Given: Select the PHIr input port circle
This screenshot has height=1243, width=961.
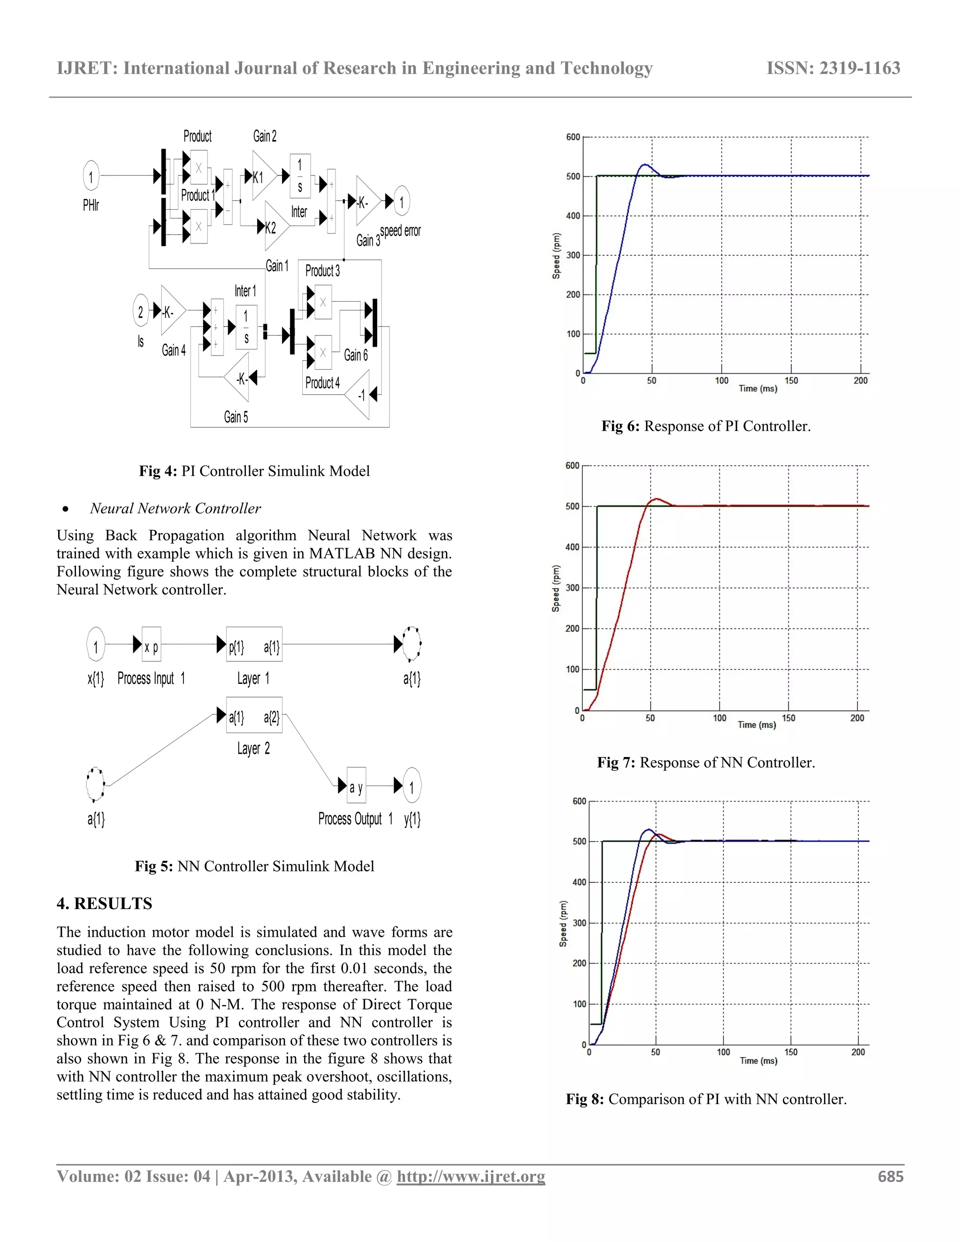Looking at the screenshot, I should pos(91,176).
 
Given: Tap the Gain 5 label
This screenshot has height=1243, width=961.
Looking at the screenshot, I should pos(236,417).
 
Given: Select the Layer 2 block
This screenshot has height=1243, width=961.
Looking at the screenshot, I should pos(254,717).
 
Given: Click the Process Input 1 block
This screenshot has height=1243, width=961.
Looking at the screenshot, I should pos(152,646).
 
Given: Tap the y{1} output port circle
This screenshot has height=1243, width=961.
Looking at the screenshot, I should pos(412,787).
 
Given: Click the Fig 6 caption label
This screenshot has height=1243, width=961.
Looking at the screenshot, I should pos(706,426).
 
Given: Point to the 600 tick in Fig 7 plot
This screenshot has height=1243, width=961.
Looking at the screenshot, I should pos(572,466).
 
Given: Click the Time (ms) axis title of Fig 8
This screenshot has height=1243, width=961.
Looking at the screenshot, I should pos(758,1061).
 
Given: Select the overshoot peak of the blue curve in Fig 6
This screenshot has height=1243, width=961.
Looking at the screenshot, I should pos(644,165).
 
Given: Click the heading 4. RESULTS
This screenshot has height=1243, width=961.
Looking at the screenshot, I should pos(104,903).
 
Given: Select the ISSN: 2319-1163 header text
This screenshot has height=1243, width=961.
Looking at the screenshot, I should pos(833,68).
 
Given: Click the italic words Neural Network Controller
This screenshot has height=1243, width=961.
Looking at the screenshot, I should pos(175,508).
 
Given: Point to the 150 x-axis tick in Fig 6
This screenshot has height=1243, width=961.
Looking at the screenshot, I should pos(791,381).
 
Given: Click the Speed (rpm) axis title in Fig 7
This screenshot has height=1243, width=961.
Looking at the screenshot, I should pos(556,589).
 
